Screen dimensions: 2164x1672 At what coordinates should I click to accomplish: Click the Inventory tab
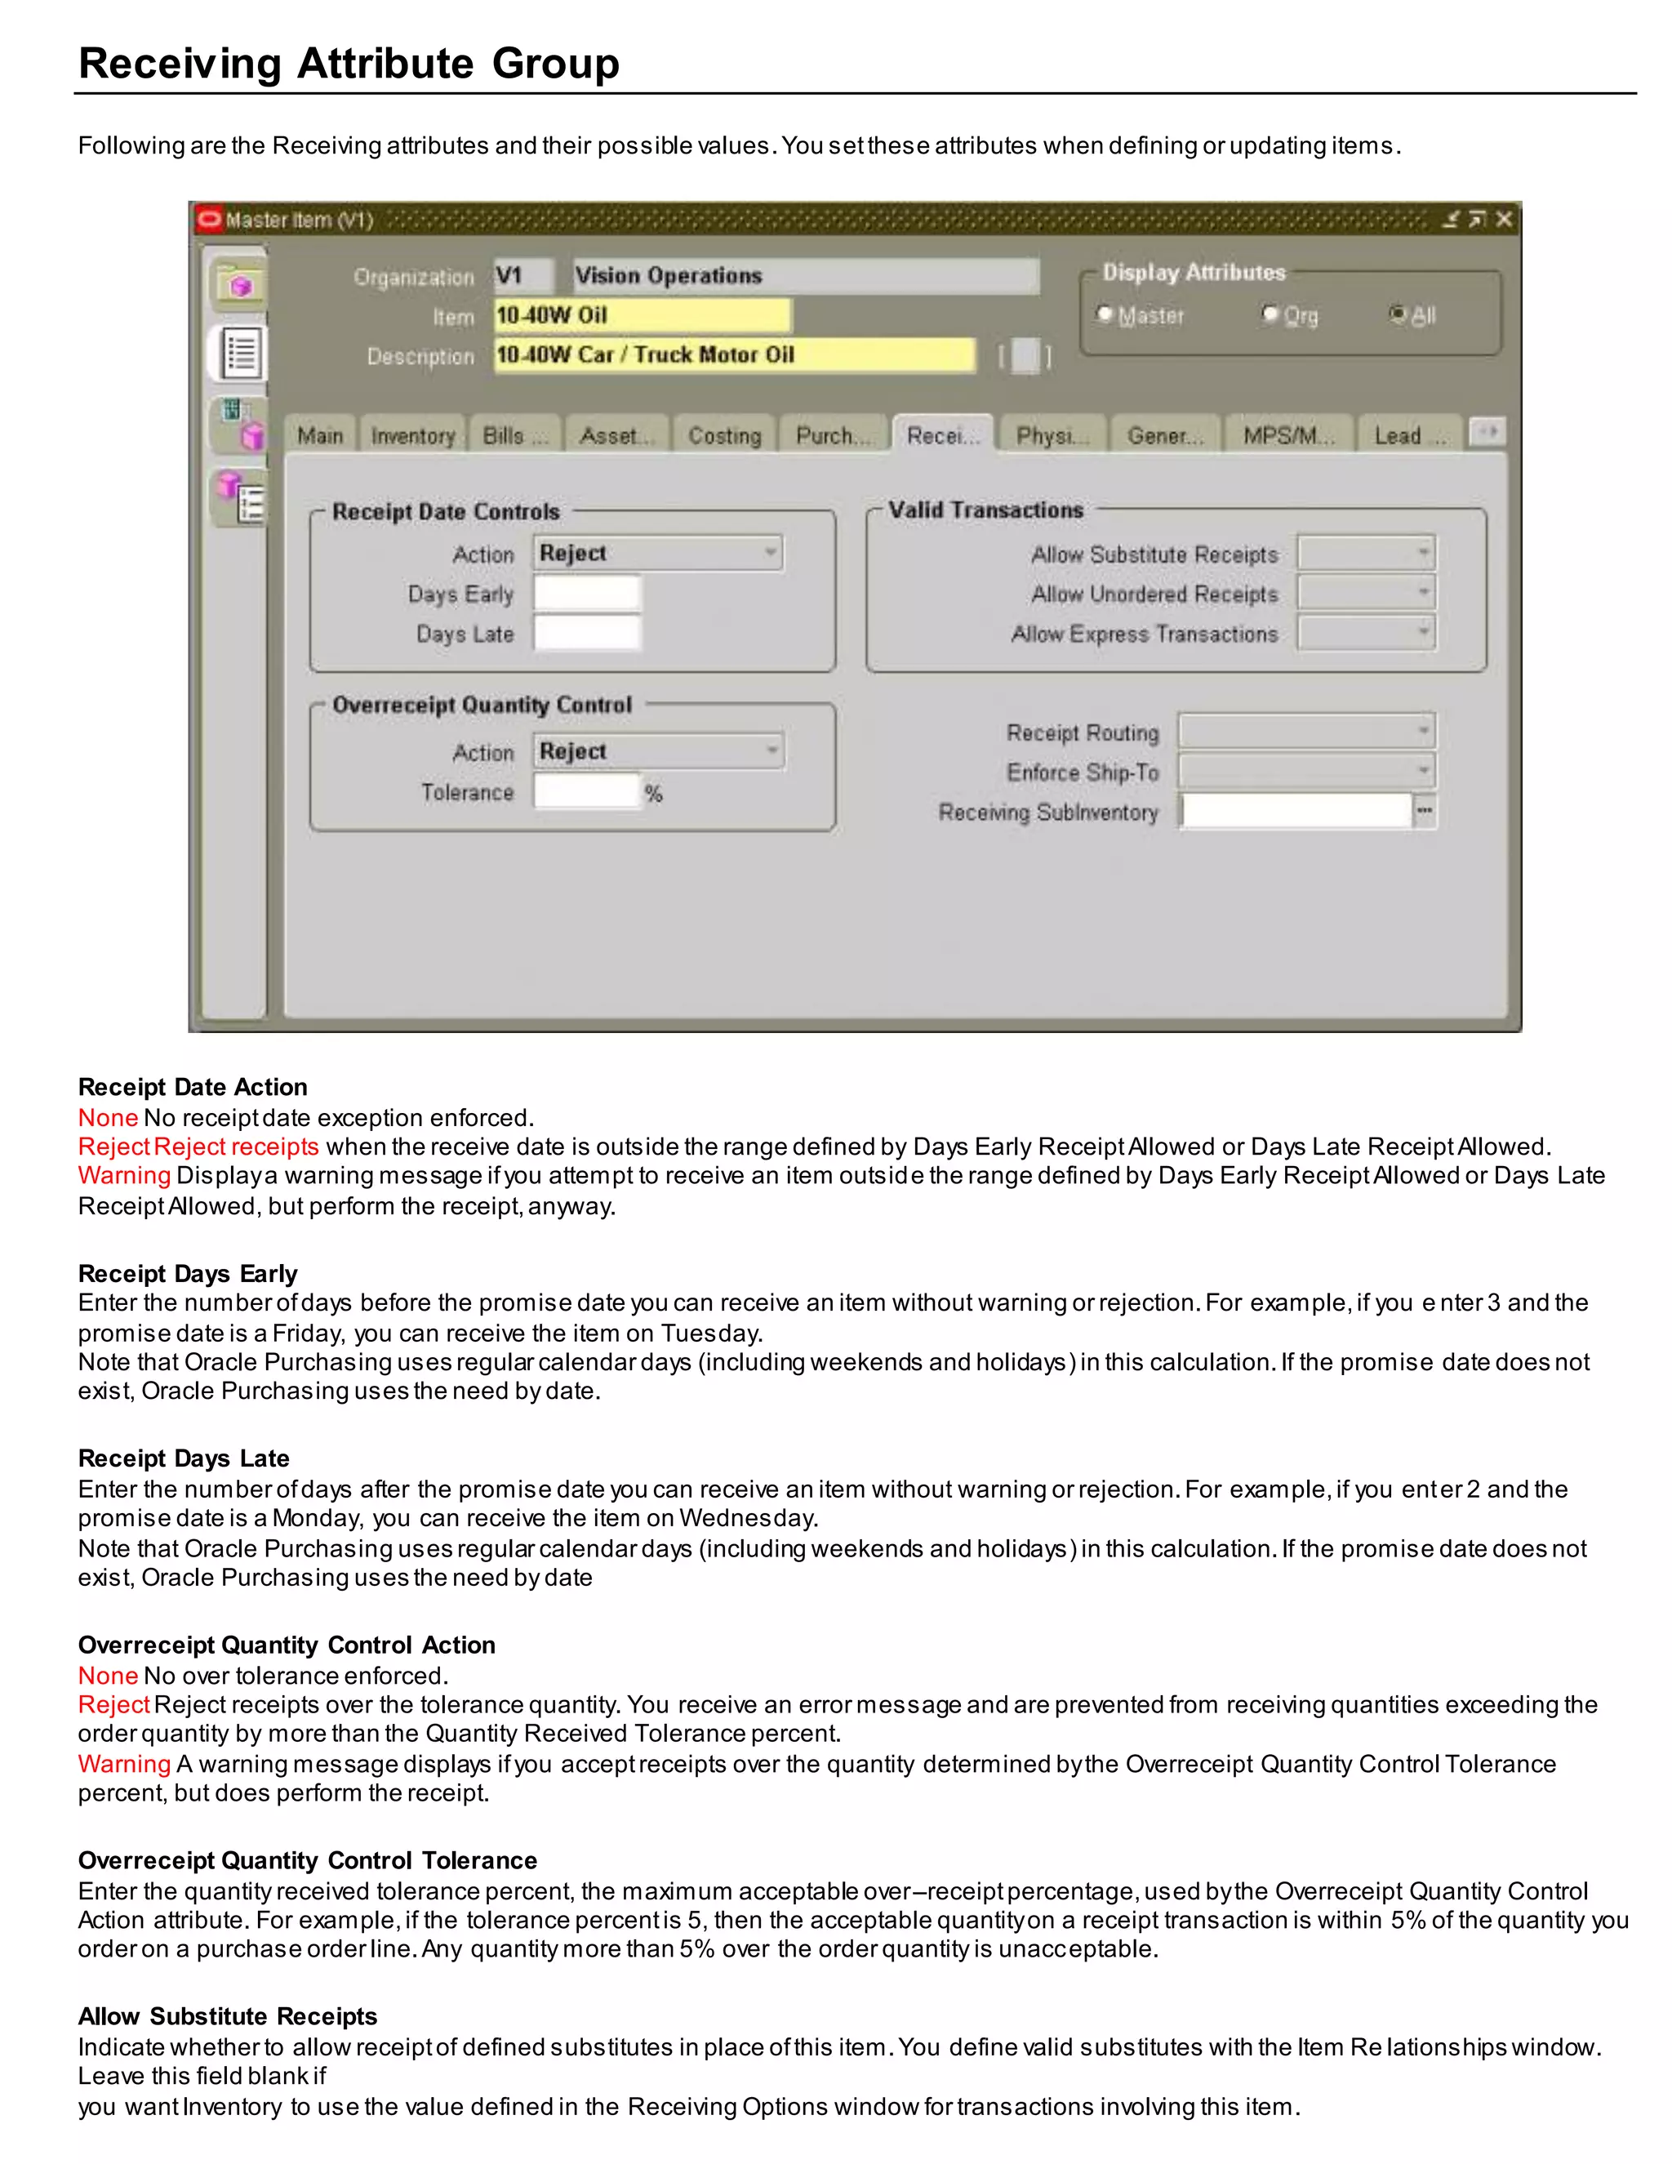[x=412, y=436]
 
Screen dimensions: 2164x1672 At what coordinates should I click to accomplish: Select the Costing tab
[x=724, y=436]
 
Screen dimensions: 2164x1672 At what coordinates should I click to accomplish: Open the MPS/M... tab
[x=1287, y=436]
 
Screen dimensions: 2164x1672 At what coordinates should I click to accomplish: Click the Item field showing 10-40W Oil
[x=642, y=316]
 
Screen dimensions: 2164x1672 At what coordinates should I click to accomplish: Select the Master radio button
[x=1105, y=315]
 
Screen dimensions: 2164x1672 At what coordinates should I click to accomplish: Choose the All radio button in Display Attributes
[x=1398, y=315]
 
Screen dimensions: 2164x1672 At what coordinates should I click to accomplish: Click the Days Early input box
[x=587, y=594]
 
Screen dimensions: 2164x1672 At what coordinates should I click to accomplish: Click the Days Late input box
[x=587, y=633]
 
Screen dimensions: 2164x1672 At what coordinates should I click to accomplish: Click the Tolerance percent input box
[x=587, y=791]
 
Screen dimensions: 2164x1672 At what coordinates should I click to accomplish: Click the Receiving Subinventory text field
[x=1296, y=812]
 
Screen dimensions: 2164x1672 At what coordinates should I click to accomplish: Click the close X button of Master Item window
[x=1504, y=219]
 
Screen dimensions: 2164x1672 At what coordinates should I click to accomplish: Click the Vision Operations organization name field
[x=805, y=275]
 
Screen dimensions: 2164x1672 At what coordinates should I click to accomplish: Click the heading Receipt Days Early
[x=187, y=1273]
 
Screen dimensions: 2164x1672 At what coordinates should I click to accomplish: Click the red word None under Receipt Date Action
[x=108, y=1118]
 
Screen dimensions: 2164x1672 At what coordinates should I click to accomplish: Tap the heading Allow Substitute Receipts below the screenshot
[x=228, y=2016]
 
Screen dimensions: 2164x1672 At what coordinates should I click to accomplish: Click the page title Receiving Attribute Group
[x=349, y=64]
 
